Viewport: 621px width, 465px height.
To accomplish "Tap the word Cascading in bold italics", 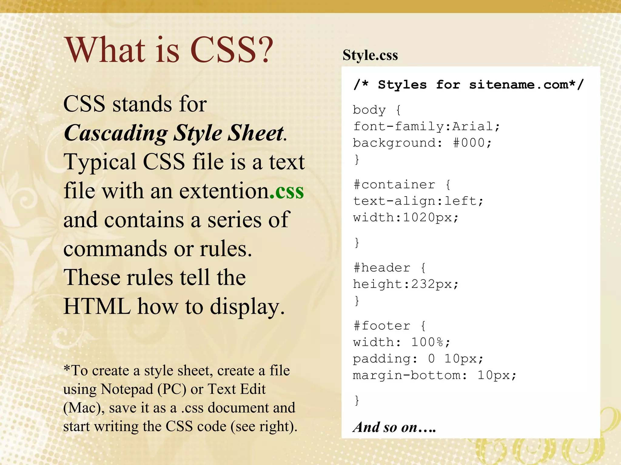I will click(x=116, y=133).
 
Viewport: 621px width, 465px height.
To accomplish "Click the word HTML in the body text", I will click(x=97, y=307).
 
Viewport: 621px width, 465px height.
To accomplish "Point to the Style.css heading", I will click(x=370, y=55).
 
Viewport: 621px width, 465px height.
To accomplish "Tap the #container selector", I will click(x=394, y=184).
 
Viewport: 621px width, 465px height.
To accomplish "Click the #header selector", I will click(x=382, y=268).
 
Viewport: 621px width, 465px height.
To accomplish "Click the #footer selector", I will click(x=382, y=326).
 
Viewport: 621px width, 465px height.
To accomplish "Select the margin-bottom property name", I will click(x=406, y=375).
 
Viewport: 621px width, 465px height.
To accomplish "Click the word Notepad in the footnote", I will click(x=127, y=389).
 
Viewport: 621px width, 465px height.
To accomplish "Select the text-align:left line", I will click(x=418, y=201).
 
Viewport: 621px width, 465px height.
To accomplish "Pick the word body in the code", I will click(x=369, y=110).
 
